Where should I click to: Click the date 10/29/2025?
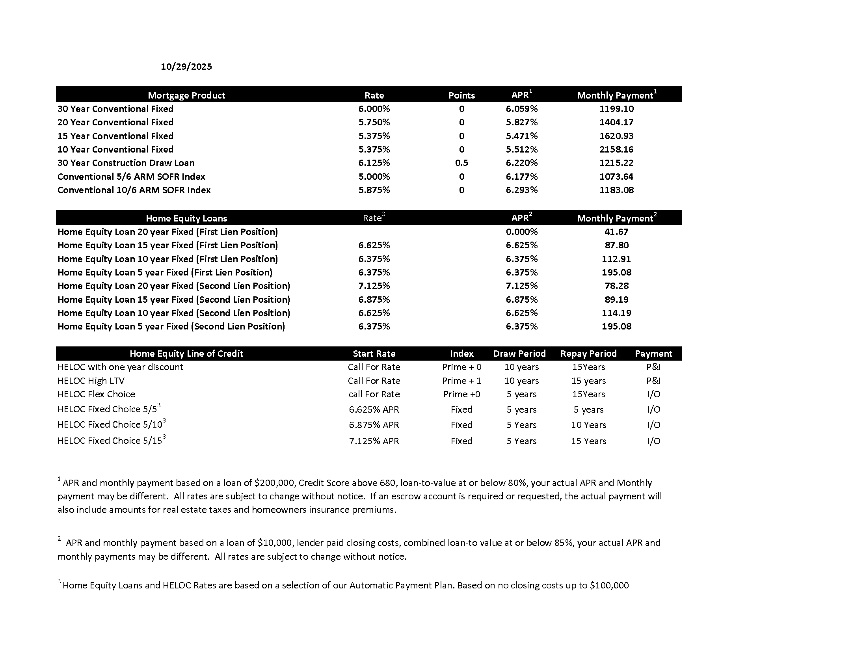click(186, 67)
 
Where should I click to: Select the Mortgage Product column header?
click(186, 95)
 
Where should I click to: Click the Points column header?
click(461, 95)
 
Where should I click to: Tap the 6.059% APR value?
click(521, 109)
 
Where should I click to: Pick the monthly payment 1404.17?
click(616, 122)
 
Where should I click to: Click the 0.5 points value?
click(461, 163)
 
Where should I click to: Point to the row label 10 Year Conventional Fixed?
click(115, 149)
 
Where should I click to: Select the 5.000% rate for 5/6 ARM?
click(374, 177)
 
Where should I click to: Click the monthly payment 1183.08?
click(616, 190)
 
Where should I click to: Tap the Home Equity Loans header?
click(186, 218)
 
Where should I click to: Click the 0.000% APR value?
click(521, 232)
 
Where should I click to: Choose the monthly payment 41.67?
click(616, 232)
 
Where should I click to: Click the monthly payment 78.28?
click(616, 286)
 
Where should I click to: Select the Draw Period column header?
click(519, 354)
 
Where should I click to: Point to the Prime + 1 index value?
click(461, 381)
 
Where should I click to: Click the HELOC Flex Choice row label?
click(96, 394)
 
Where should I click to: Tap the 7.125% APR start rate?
click(374, 441)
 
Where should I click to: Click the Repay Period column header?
click(588, 354)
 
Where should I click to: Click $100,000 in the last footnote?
click(609, 585)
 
